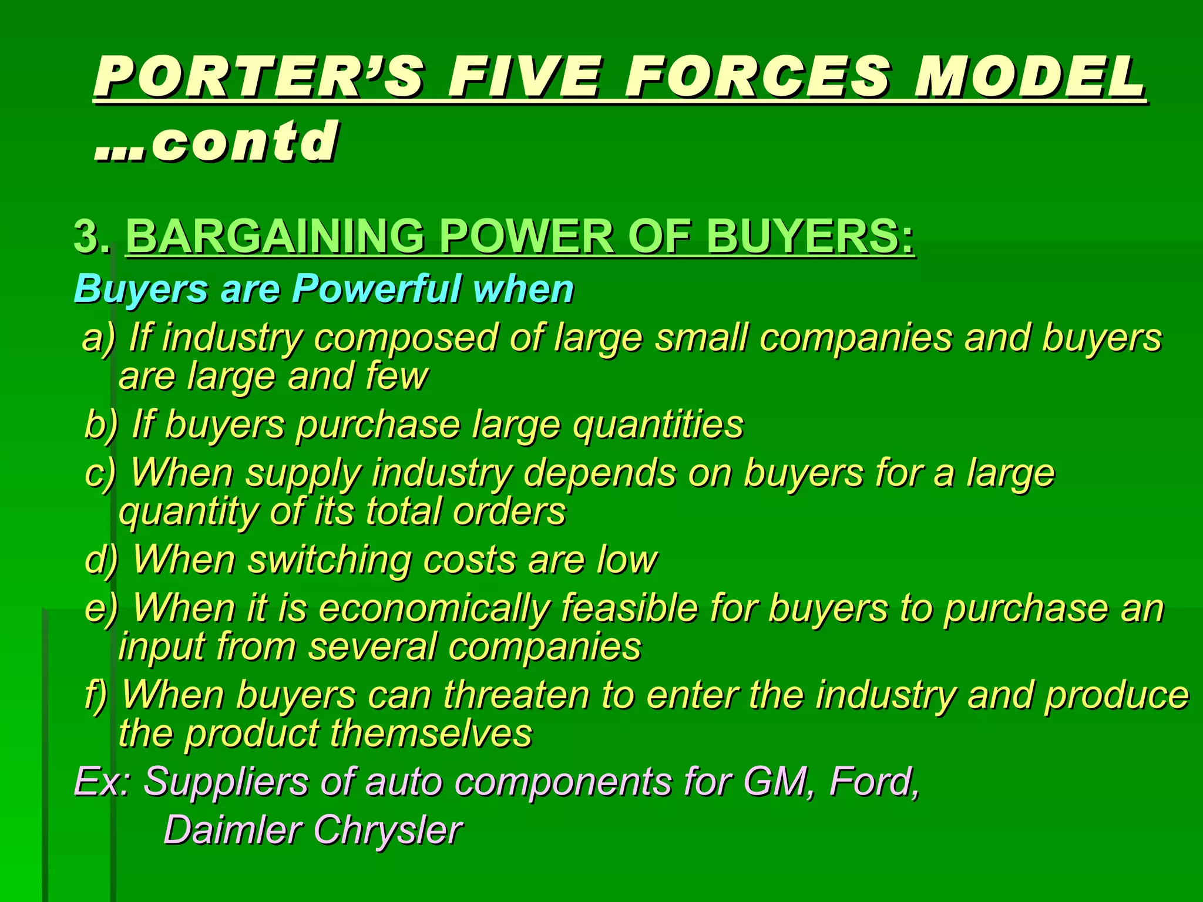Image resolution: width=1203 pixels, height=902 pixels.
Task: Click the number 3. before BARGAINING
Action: coord(92,237)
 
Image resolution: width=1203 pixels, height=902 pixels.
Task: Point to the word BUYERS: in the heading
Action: coord(810,237)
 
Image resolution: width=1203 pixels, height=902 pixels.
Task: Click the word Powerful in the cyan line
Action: coord(376,290)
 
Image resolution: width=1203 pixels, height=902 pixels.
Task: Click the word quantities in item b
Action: coord(658,425)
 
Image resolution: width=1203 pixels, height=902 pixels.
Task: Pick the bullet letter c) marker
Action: coord(100,473)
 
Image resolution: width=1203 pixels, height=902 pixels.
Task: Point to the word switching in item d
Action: coord(330,560)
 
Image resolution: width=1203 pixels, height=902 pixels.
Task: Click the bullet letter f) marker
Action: coord(96,695)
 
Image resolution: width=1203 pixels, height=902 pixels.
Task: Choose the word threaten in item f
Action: coord(516,695)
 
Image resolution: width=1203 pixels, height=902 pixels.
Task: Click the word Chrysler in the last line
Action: coord(388,830)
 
